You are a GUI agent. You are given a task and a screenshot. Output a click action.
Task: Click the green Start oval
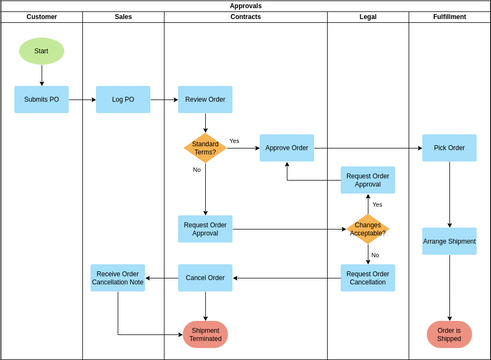[x=41, y=51]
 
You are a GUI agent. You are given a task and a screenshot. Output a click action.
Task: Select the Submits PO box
[x=41, y=99]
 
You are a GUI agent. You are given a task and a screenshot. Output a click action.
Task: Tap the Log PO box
[x=123, y=99]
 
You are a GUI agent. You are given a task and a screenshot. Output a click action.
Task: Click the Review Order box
[x=205, y=99]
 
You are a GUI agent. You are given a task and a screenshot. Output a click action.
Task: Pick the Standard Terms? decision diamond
[x=205, y=148]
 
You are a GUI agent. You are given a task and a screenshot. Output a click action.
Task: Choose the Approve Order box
[x=286, y=148]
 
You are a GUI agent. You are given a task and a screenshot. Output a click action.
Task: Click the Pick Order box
[x=449, y=148]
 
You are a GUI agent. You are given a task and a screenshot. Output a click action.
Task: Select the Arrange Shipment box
[x=449, y=241]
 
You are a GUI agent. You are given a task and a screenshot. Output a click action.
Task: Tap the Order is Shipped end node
[x=449, y=334]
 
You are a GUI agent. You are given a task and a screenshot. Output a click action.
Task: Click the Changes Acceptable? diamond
[x=367, y=229]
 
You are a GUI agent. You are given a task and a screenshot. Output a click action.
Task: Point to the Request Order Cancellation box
[x=367, y=278]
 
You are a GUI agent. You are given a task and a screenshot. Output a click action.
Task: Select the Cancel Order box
[x=205, y=278]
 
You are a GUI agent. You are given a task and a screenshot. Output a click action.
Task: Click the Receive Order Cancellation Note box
[x=118, y=278]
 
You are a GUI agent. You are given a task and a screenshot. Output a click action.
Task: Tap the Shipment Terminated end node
[x=205, y=334]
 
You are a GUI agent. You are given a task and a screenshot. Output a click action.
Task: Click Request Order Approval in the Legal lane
[x=367, y=180]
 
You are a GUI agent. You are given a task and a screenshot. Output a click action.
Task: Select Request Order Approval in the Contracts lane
[x=205, y=229]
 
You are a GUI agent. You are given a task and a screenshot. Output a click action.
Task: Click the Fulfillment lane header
[x=449, y=17]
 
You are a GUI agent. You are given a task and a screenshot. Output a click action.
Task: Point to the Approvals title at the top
[x=245, y=5]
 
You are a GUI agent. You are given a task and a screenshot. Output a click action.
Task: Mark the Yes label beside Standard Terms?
[x=234, y=141]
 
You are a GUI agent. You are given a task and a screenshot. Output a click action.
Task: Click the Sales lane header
[x=123, y=17]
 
